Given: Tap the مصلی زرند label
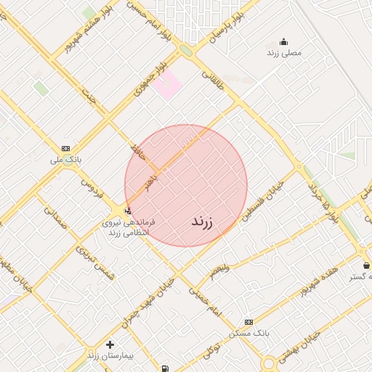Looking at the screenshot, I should tap(284, 53).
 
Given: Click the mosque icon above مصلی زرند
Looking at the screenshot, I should tap(283, 42).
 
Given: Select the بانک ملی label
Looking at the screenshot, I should tap(66, 158).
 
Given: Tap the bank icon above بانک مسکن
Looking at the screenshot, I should tap(249, 322).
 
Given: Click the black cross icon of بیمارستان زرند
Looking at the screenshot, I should tap(110, 344).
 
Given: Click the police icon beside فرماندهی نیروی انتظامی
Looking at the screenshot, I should tap(129, 211).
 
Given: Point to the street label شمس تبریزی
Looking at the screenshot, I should tap(95, 259).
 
